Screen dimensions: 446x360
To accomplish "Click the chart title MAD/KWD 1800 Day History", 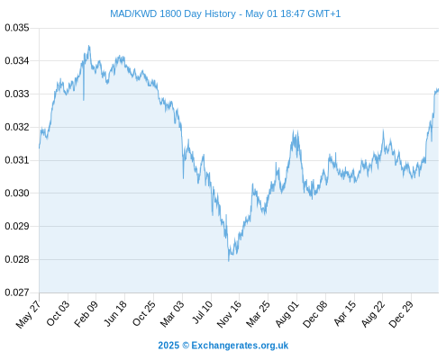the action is (173, 13).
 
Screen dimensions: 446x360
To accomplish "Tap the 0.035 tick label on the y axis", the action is (17, 28).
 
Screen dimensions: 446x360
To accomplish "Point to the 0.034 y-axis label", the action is (17, 61).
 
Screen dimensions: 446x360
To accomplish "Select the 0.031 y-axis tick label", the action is (17, 160).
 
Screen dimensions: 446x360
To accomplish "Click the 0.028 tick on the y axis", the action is (17, 259).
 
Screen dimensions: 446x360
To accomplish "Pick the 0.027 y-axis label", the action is (17, 292).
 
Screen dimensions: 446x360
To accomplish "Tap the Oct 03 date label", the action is (58, 313).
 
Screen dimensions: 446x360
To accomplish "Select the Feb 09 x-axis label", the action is (86, 314).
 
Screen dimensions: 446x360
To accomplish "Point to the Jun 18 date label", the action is (115, 313).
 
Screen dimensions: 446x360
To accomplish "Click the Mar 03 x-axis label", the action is (172, 314).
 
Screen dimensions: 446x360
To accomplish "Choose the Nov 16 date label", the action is (229, 314).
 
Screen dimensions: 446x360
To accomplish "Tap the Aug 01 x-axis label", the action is (287, 314).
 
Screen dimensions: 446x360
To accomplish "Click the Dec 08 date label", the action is (314, 314).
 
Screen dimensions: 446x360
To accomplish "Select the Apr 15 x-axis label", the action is (344, 313).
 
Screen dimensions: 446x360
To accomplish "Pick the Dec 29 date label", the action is (401, 314).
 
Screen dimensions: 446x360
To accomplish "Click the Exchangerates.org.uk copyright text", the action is (223, 346).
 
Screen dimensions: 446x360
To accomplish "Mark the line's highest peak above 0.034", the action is (88, 46).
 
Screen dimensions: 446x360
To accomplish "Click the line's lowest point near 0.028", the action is (229, 261).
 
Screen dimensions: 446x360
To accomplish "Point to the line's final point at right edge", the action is (438, 89).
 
